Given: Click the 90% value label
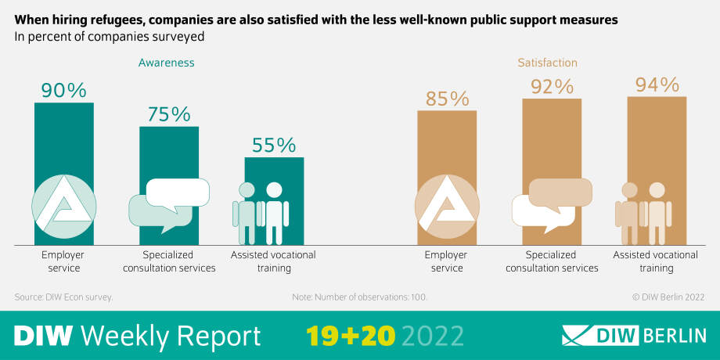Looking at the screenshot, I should [x=63, y=90].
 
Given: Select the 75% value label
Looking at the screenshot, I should [x=168, y=114].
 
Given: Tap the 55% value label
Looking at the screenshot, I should [x=274, y=145].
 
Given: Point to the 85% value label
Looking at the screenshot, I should [x=447, y=99].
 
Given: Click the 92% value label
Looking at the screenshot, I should [x=552, y=86].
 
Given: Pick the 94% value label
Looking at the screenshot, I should [x=657, y=85].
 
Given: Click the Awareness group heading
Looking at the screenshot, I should [x=166, y=63].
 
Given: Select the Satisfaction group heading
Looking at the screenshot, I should [x=547, y=63].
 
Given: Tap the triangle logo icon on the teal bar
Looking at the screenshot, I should [x=64, y=207].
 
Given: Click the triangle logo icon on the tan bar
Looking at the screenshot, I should [x=447, y=207].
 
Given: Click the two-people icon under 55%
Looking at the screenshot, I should [x=261, y=214].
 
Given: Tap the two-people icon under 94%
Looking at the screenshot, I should [x=644, y=214].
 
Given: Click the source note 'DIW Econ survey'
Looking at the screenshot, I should [x=64, y=297].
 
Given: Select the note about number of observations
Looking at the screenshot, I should [x=359, y=297].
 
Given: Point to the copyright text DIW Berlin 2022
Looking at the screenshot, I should [x=668, y=297].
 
